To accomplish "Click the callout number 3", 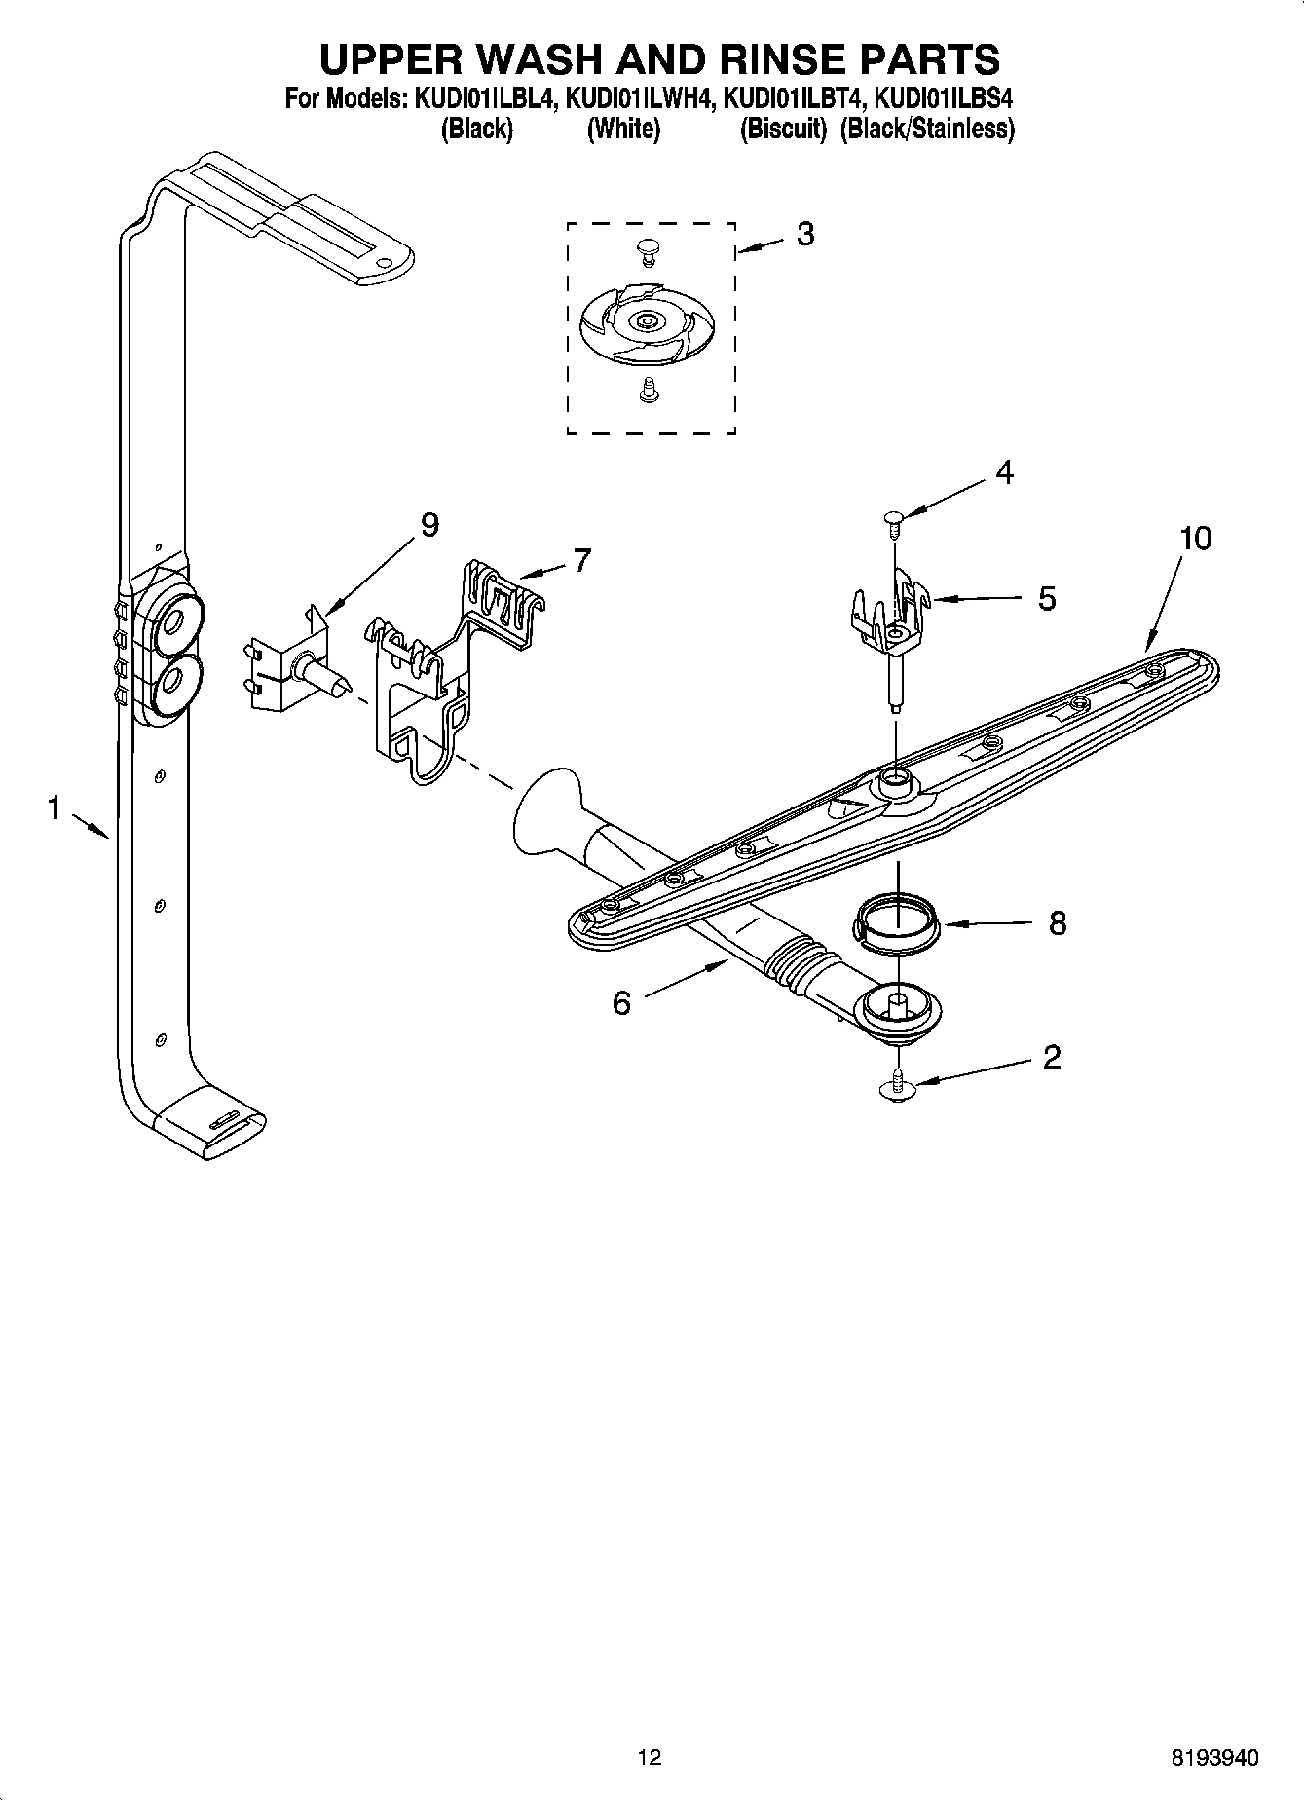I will (804, 234).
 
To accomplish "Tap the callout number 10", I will (1195, 538).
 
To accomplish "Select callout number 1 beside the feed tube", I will (55, 807).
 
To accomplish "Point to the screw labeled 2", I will (896, 1087).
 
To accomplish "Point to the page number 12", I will (650, 1757).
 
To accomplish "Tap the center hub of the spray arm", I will (894, 778).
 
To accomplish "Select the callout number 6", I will (621, 1002).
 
